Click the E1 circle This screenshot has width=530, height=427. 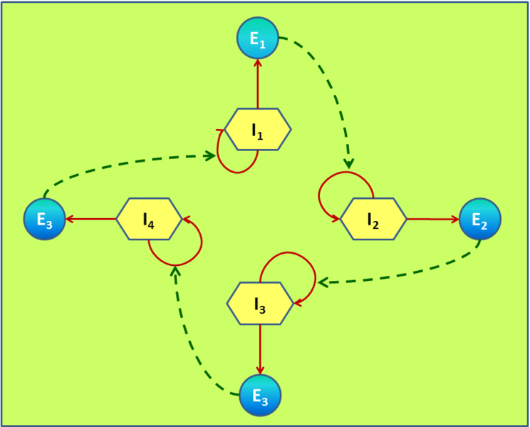[258, 38]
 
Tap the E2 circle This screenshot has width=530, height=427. [479, 219]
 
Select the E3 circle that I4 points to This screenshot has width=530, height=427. [45, 219]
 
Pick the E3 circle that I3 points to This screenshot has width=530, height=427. [260, 395]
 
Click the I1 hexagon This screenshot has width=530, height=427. [258, 129]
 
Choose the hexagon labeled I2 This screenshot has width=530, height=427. [373, 219]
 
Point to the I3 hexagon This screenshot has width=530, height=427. [260, 304]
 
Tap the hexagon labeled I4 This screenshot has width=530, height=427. [149, 219]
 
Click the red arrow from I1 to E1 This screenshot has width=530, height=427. [258, 84]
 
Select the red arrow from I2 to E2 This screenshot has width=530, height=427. [433, 220]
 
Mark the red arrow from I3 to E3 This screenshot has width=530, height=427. [260, 349]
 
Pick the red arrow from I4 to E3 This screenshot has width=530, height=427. [90, 220]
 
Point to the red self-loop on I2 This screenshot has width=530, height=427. [338, 173]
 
